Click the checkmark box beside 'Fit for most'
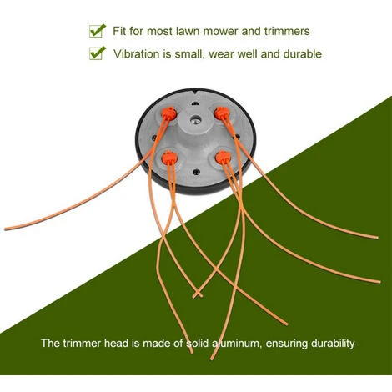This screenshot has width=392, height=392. click(x=98, y=31)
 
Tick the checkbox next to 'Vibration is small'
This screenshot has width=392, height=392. click(x=98, y=53)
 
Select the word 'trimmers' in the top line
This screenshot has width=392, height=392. click(x=287, y=31)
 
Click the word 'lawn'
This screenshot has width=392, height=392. click(x=188, y=31)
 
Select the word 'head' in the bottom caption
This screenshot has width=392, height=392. click(x=116, y=344)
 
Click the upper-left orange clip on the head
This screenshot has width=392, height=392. click(x=169, y=113)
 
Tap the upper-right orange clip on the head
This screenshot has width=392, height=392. click(x=221, y=113)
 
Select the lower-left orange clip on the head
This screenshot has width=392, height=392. click(x=169, y=157)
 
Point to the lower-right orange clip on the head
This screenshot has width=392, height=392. click(x=223, y=157)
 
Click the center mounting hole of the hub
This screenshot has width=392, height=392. click(x=194, y=120)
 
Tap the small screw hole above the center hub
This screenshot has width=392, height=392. click(x=195, y=104)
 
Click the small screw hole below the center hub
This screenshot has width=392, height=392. click(x=197, y=173)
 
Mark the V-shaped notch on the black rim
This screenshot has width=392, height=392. click(x=197, y=92)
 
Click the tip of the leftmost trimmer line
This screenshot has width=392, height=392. click(x=6, y=229)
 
